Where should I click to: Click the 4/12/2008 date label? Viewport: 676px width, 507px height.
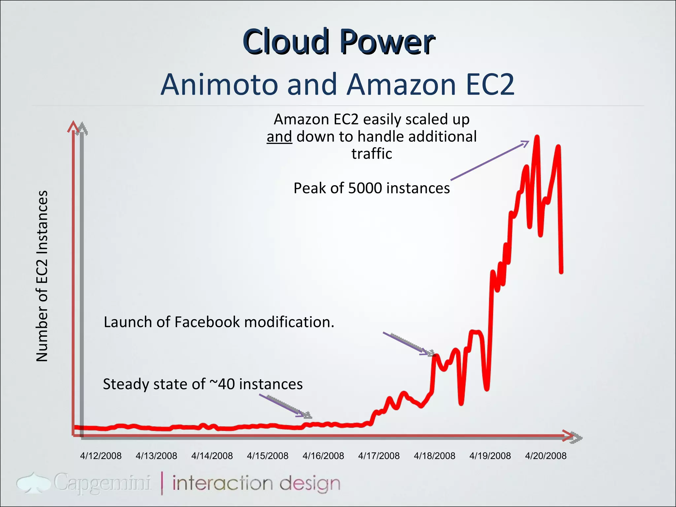[x=101, y=456]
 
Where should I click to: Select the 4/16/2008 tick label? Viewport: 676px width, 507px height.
[x=323, y=456]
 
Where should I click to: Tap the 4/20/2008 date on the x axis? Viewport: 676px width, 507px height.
[x=546, y=456]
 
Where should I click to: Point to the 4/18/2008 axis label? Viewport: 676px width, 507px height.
[x=434, y=456]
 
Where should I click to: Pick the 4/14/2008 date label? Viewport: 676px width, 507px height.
[x=212, y=456]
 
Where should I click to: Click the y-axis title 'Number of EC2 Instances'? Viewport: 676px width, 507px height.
[x=42, y=276]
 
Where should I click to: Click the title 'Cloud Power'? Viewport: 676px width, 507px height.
[x=339, y=42]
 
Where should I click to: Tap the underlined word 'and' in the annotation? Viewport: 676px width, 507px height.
[x=279, y=137]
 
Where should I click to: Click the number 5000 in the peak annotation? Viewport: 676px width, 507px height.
[x=365, y=188]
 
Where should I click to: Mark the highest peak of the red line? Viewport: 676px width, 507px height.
[x=537, y=137]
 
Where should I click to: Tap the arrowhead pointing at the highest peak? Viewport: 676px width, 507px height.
[x=525, y=143]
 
